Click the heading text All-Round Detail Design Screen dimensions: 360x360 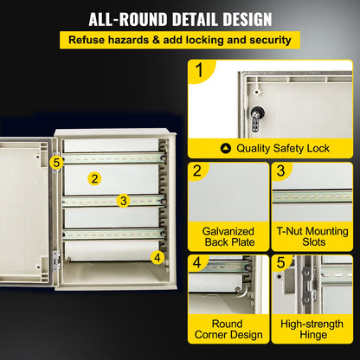pyautogui.click(x=180, y=19)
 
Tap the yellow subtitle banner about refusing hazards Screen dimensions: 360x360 pyautogui.click(x=180, y=40)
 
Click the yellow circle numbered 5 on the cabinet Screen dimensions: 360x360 pyautogui.click(x=56, y=161)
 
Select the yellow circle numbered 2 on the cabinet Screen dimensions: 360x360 pyautogui.click(x=94, y=178)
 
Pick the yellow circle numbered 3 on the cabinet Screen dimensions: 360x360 pyautogui.click(x=124, y=201)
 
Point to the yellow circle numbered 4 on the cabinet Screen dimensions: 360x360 pyautogui.click(x=157, y=256)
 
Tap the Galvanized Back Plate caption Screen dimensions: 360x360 pyautogui.click(x=228, y=237)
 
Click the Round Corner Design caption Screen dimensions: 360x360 pyautogui.click(x=228, y=331)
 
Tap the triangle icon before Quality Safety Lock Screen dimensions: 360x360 pyautogui.click(x=226, y=148)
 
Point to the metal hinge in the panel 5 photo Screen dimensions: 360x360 pyautogui.click(x=305, y=286)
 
